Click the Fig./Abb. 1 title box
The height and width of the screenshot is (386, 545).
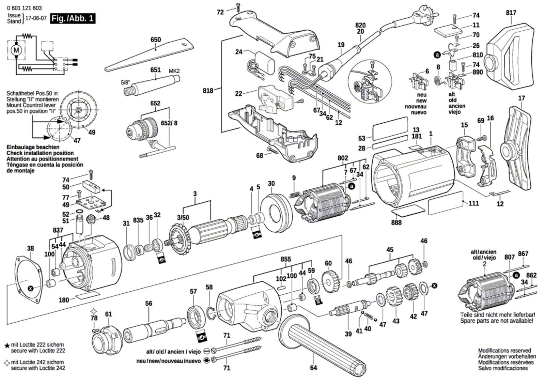(73, 18)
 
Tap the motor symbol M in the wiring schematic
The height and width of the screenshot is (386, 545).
(16, 50)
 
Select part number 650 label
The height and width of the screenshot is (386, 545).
(156, 40)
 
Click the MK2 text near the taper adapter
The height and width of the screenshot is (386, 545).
(174, 71)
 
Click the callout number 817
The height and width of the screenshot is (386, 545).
(511, 12)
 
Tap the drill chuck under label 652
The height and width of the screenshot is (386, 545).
(143, 129)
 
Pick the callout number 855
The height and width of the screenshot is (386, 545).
(286, 259)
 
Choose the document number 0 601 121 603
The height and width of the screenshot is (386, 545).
(24, 8)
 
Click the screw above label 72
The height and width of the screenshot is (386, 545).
(238, 7)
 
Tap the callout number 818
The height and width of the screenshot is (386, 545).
(208, 91)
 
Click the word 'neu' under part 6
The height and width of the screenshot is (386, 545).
(422, 94)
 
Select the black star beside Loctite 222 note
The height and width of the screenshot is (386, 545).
(7, 345)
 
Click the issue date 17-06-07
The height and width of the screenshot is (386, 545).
(36, 18)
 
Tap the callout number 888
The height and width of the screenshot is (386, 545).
(396, 222)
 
